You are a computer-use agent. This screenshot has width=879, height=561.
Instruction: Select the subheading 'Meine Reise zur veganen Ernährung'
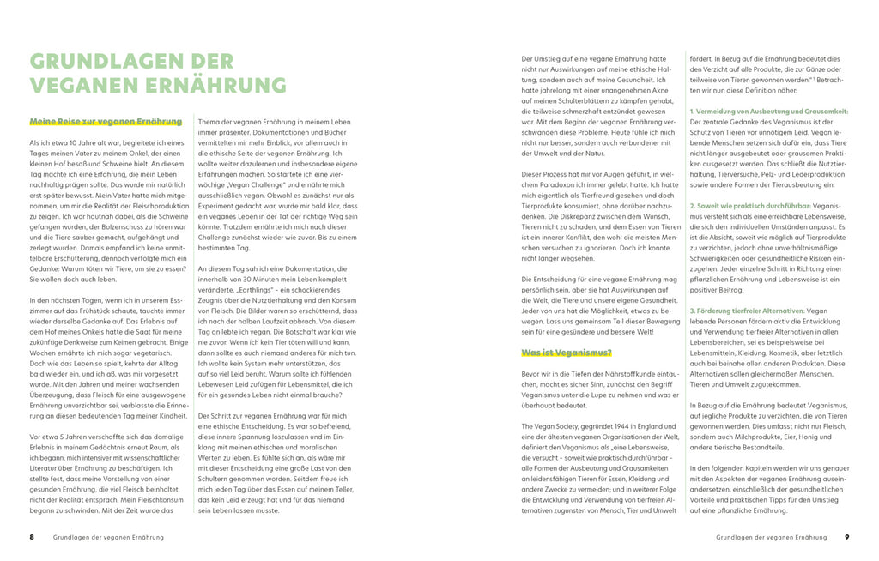[x=106, y=122]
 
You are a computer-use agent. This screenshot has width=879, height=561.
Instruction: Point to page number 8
[x=32, y=537]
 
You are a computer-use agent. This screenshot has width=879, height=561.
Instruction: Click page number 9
[x=846, y=537]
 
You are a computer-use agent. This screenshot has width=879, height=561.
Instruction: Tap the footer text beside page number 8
[x=108, y=537]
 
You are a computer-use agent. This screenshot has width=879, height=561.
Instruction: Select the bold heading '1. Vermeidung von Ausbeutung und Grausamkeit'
[x=769, y=112]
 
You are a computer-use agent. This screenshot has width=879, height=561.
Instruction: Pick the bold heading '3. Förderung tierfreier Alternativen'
[x=747, y=311]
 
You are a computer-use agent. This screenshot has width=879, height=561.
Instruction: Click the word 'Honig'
[x=795, y=435]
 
